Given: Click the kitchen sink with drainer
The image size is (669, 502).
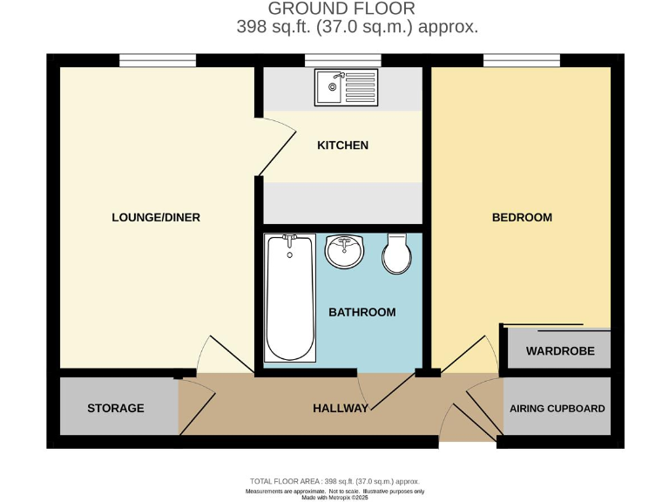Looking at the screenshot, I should [x=347, y=86].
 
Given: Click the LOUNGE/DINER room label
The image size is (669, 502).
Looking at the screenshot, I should [x=156, y=217].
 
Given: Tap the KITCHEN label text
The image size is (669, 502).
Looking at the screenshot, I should [x=342, y=146].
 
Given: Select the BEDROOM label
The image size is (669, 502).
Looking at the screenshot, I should [x=522, y=217].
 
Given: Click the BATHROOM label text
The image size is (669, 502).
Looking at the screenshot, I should [x=362, y=312].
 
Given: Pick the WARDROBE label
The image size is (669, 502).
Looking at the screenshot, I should [x=558, y=351].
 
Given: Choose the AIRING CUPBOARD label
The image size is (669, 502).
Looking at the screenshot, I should [x=557, y=408].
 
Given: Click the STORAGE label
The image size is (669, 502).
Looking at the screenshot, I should [x=116, y=408].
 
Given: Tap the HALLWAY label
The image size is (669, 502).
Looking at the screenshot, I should [x=341, y=408].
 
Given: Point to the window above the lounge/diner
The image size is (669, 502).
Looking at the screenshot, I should [x=158, y=60].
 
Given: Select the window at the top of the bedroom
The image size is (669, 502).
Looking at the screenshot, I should [x=522, y=60].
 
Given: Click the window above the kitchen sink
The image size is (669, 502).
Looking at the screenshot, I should [x=342, y=60].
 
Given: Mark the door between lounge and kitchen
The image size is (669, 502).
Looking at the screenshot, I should [x=275, y=143].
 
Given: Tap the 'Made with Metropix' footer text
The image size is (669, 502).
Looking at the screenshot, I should [x=334, y=497].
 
